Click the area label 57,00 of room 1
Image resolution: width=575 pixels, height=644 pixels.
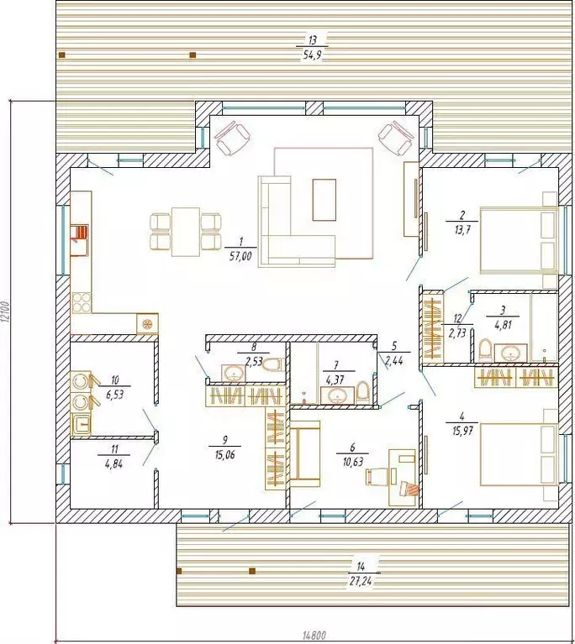click(240, 257)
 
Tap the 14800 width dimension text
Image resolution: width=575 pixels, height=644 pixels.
click(314, 636)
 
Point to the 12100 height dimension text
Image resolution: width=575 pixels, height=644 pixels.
click(4, 312)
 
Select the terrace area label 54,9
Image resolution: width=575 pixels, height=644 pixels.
click(312, 55)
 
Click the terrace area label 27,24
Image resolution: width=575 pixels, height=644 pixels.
click(361, 581)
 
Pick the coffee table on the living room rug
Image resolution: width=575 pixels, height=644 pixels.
click(324, 200)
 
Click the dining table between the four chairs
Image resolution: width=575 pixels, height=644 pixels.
click(186, 232)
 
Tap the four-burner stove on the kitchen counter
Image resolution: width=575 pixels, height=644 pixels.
click(82, 303)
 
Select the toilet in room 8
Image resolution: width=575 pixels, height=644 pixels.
click(272, 364)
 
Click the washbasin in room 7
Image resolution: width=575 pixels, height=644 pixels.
click(337, 395)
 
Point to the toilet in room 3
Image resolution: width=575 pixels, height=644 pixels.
click(485, 349)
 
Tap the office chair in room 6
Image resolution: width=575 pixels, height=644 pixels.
click(377, 476)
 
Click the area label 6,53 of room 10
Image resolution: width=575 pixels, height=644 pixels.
click(115, 395)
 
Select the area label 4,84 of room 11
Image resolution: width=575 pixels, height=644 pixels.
click(114, 464)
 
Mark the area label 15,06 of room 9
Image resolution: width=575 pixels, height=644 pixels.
click(224, 454)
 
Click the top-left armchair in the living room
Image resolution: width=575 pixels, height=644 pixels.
click(232, 138)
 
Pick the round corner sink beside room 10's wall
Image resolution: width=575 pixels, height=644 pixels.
click(147, 324)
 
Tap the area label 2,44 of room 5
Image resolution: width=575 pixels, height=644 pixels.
click(394, 360)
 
